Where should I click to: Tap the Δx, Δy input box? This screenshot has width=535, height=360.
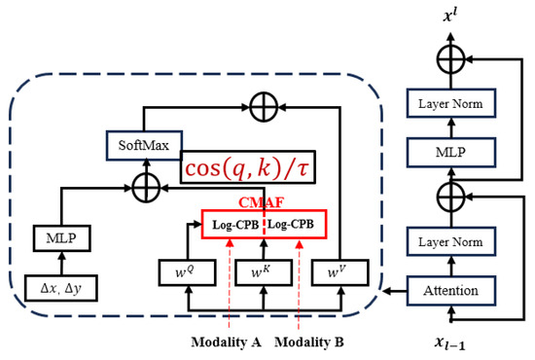[62, 289]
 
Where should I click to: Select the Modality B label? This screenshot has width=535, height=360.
[310, 342]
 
